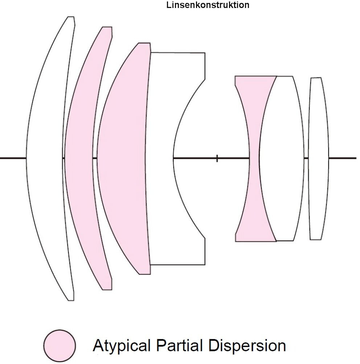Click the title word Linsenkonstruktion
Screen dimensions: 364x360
coord(208,5)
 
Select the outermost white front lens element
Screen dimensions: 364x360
coord(45,158)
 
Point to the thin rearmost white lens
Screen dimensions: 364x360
coord(318,158)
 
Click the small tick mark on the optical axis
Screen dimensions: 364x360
coord(217,158)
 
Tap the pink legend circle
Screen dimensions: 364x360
coord(60,346)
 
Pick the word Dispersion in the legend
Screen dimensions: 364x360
coord(250,345)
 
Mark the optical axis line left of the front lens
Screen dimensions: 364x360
coord(13,158)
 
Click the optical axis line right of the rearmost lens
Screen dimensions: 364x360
coord(343,158)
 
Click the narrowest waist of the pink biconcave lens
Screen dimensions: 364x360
coord(254,158)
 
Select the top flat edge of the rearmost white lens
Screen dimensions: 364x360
coord(316,78)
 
